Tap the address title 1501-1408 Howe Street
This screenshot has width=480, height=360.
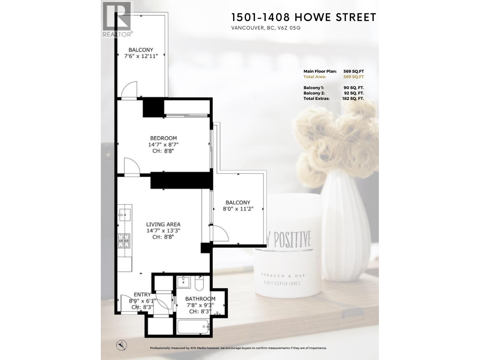(304, 17)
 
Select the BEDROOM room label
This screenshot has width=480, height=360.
(163, 138)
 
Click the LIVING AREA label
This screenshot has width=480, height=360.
(163, 224)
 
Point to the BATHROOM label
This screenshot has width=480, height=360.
(200, 299)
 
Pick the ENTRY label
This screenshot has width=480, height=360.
(142, 295)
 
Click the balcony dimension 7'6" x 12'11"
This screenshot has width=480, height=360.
(141, 55)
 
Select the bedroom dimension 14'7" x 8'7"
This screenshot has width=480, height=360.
(163, 145)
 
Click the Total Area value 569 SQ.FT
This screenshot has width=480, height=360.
(353, 77)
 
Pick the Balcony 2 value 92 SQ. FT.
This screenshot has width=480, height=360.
(353, 93)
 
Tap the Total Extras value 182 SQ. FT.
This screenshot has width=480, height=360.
(353, 99)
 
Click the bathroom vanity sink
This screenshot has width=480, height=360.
(182, 281)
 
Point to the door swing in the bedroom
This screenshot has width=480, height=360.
(131, 166)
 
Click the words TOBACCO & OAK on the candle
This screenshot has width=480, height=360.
(279, 275)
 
